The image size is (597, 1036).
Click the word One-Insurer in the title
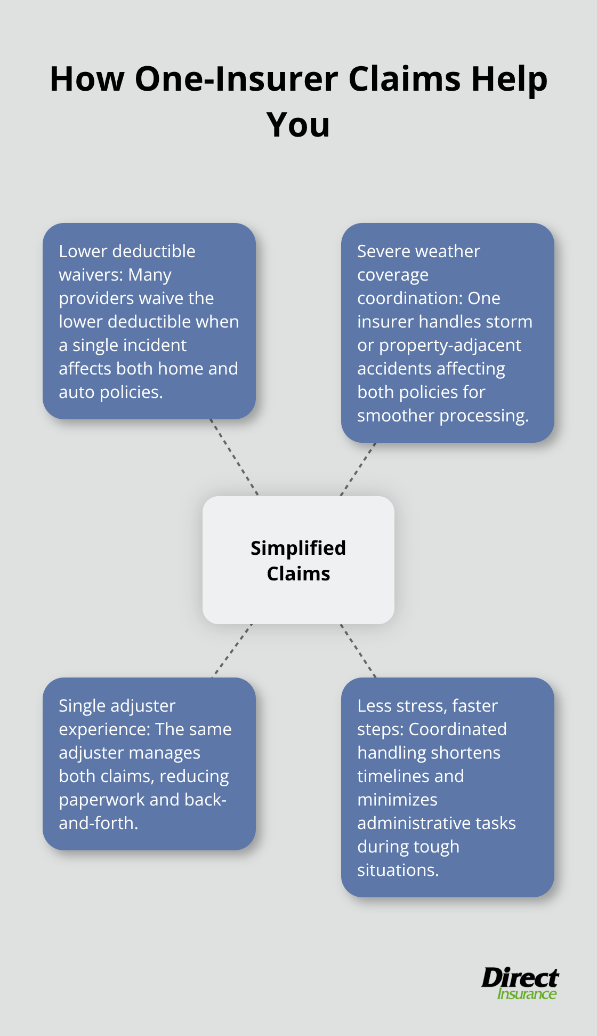coord(236,79)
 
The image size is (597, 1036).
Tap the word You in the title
coord(298,125)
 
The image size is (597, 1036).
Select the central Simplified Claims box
coord(298,560)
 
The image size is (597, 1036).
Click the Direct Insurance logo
coord(520,983)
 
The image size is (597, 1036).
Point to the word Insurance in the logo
coord(527,994)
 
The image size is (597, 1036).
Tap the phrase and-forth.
coord(98,823)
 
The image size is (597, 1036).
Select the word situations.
coord(398,870)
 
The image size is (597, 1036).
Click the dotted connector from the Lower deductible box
coord(234,457)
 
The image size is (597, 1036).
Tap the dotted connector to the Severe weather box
coord(358,469)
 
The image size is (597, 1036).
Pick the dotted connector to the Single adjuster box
coord(232,651)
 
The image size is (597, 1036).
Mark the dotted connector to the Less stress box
coord(358,651)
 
